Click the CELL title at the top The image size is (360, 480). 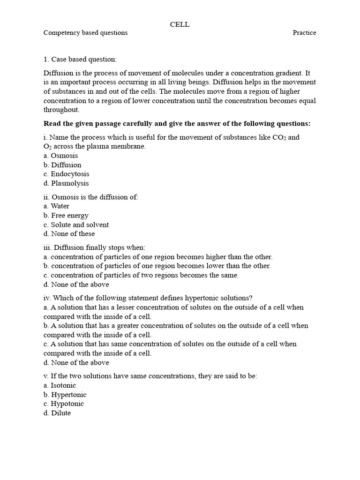[180, 24]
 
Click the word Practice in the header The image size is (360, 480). [304, 33]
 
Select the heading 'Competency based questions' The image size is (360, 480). [85, 33]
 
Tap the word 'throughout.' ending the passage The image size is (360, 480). [62, 110]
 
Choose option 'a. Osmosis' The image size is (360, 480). [61, 156]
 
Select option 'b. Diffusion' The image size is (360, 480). [62, 165]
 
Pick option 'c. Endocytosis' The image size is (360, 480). [66, 174]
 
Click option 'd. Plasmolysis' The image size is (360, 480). [66, 183]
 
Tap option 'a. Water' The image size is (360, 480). [56, 206]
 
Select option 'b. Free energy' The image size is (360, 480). [66, 216]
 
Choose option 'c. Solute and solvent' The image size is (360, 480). [76, 225]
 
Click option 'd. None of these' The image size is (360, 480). [69, 233]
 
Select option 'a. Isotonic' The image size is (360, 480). [60, 385]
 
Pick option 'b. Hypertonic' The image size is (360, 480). [65, 395]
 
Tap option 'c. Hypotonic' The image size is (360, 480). [64, 404]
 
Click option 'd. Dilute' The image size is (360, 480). [57, 413]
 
